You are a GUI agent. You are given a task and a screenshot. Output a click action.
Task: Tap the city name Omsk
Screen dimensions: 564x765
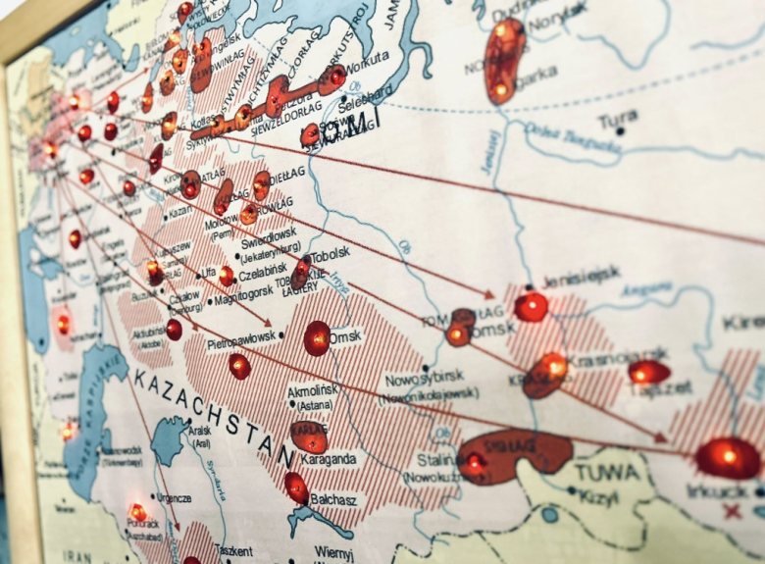tap(345, 336)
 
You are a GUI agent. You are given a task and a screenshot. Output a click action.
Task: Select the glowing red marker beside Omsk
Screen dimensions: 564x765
tap(317, 338)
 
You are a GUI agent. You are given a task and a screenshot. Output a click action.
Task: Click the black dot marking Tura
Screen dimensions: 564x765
tap(620, 131)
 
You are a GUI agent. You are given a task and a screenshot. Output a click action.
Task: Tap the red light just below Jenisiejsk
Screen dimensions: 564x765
tap(532, 307)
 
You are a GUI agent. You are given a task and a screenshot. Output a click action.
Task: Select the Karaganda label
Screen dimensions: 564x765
tap(328, 458)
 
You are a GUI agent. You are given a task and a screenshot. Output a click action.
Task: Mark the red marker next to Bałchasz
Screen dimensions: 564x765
tap(296, 487)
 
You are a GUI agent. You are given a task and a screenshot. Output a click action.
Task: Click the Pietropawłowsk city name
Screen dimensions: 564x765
tap(241, 343)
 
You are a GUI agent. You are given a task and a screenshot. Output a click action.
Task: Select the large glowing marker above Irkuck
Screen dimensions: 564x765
tap(728, 457)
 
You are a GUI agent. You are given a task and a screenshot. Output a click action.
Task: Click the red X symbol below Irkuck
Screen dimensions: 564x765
tap(732, 511)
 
